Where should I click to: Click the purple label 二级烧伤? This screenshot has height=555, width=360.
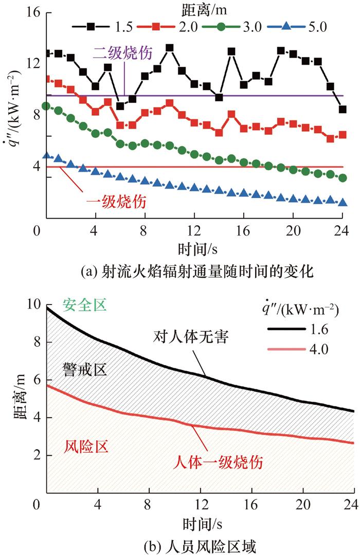coord(122,53)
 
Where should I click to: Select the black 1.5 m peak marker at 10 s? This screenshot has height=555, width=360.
coord(169,48)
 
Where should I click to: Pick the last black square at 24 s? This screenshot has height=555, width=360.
coord(343,109)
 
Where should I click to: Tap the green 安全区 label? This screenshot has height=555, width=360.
coord(84,306)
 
